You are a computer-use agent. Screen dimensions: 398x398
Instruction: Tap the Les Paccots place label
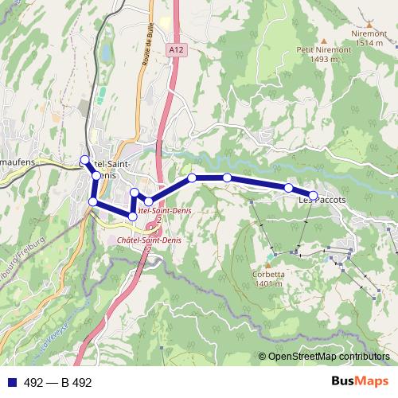click(x=322, y=201)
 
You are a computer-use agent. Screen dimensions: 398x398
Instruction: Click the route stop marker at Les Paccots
click(x=313, y=195)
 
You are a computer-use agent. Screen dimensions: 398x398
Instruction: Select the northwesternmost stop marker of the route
click(x=85, y=159)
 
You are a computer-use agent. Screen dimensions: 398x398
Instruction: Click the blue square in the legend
click(x=11, y=382)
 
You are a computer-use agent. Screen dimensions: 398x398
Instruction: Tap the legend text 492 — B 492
click(x=58, y=382)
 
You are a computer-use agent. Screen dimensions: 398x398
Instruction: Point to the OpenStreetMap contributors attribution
click(x=328, y=357)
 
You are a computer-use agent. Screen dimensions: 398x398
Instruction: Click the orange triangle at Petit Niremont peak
click(x=325, y=37)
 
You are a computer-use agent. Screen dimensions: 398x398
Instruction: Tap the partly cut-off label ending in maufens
click(x=17, y=162)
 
